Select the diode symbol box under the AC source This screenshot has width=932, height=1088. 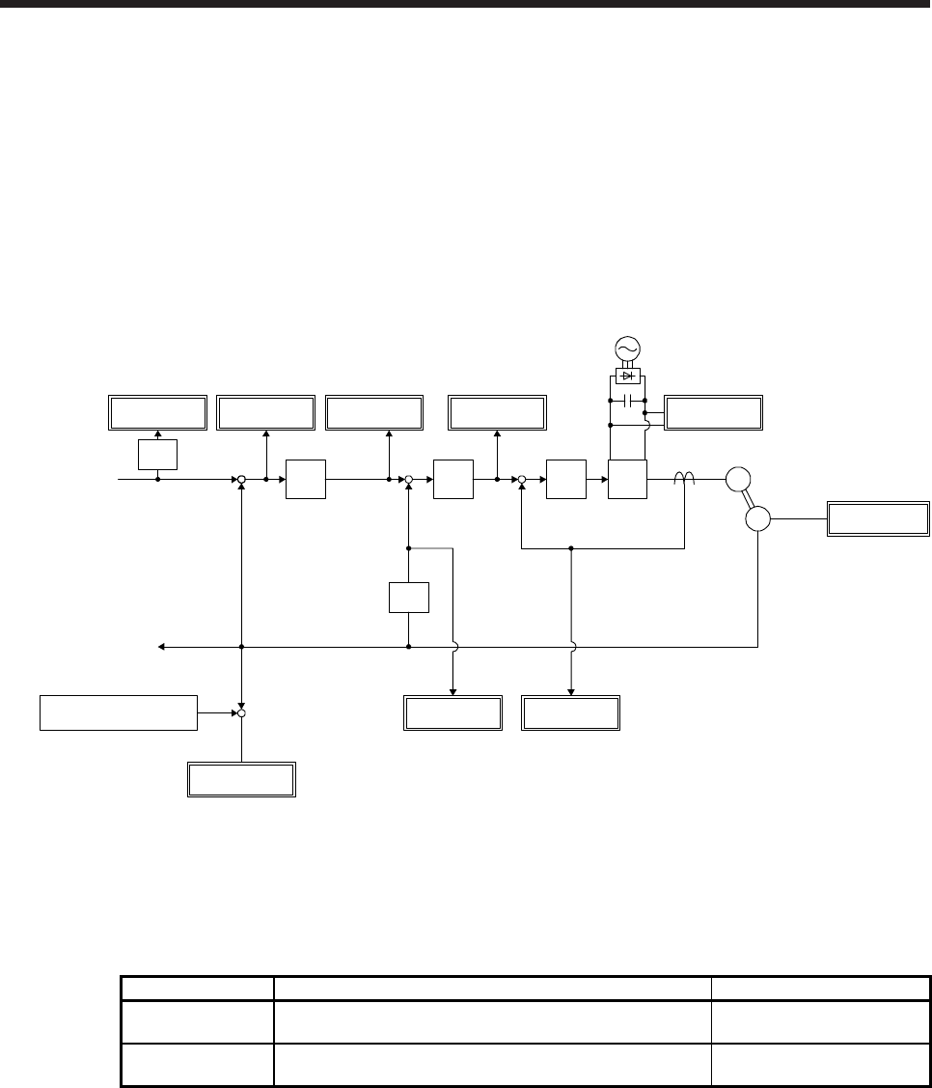coord(628,376)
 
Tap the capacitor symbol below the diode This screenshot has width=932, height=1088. coord(628,399)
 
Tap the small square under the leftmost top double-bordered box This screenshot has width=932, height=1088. coord(157,454)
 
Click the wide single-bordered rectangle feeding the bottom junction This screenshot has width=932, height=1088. coord(118,712)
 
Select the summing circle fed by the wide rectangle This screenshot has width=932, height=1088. coord(242,713)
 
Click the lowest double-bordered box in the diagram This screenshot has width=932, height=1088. coord(240,779)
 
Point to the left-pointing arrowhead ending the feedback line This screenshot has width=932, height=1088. coord(162,647)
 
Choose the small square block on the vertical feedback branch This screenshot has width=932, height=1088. coord(409,598)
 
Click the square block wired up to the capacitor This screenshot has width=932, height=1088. coord(627,479)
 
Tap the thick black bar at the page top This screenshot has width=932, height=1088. coord(466,4)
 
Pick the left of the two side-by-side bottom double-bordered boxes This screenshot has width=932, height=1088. coord(452,712)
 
